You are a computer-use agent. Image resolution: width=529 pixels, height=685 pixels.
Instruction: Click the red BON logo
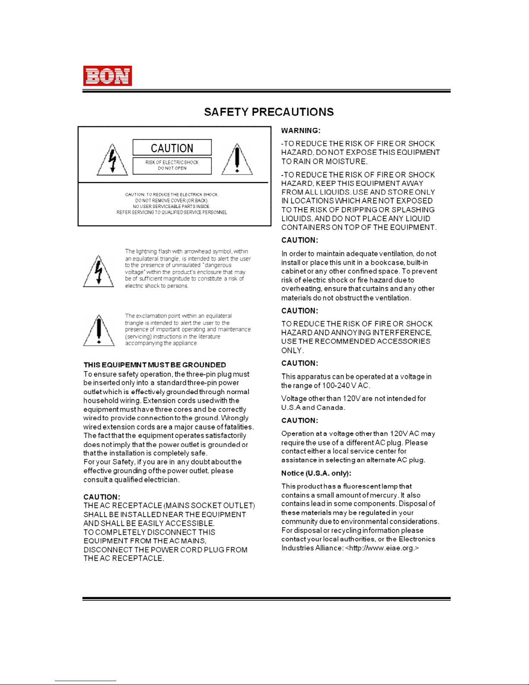click(x=108, y=76)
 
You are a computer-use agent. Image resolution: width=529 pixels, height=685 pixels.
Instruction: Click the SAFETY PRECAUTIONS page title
click(x=269, y=112)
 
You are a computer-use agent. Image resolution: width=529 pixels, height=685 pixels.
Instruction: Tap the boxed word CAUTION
click(x=172, y=148)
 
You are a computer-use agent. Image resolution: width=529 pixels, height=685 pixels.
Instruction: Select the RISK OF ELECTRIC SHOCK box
click(x=172, y=166)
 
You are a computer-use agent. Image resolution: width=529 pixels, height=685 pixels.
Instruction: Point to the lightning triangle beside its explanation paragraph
click(x=99, y=272)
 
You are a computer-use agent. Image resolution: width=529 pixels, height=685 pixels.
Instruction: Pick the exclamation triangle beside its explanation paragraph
click(x=99, y=331)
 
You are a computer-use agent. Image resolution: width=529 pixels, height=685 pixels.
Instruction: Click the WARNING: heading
click(x=301, y=131)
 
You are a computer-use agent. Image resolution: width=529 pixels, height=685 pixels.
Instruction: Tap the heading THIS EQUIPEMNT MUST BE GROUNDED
click(x=155, y=365)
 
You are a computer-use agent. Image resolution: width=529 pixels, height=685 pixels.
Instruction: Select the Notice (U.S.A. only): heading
click(x=316, y=473)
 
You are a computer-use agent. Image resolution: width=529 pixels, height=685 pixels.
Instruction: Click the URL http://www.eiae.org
click(x=382, y=548)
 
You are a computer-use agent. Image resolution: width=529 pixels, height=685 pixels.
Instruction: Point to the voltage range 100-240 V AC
click(x=345, y=386)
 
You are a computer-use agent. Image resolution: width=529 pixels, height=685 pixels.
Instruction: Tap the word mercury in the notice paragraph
click(x=383, y=495)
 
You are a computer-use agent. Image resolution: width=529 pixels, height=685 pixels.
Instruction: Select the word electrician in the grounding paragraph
click(x=161, y=480)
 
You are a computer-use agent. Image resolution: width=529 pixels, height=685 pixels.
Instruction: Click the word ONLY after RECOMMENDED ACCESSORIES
click(x=292, y=350)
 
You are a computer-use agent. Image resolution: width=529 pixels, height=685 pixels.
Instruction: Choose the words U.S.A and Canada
click(x=313, y=408)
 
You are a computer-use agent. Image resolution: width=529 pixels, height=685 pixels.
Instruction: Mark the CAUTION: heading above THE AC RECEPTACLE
click(x=102, y=497)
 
